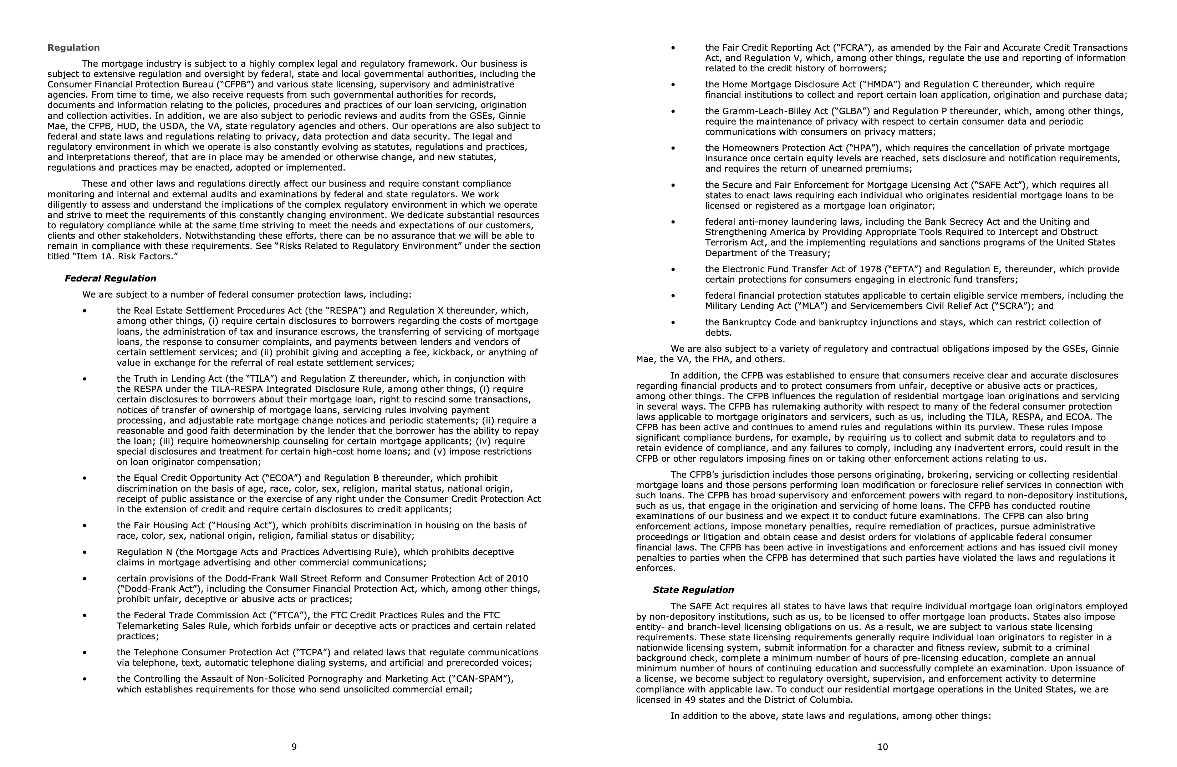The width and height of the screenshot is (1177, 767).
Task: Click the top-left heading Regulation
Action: [73, 47]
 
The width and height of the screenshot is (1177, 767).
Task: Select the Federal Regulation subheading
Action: [110, 278]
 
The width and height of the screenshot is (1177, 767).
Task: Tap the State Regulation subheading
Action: [693, 590]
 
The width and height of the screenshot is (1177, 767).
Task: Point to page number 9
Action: [294, 747]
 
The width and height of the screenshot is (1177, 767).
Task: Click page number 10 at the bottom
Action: [882, 747]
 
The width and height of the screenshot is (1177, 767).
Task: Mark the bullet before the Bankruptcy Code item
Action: [673, 323]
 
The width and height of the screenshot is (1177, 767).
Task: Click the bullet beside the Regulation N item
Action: [85, 552]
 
